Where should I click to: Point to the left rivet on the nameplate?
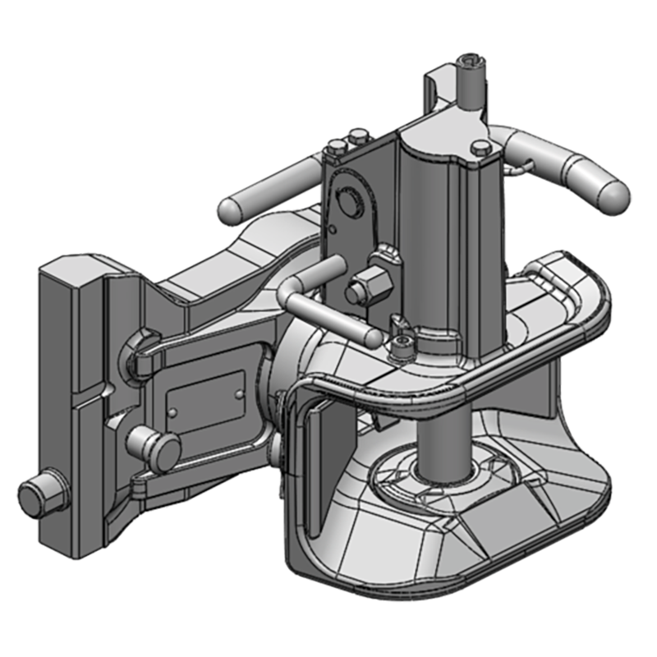pos(173,408)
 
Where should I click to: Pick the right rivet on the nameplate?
pos(239,393)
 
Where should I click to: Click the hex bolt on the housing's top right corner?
pos(482,148)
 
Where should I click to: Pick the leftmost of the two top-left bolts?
pos(337,149)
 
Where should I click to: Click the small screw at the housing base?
pos(400,346)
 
